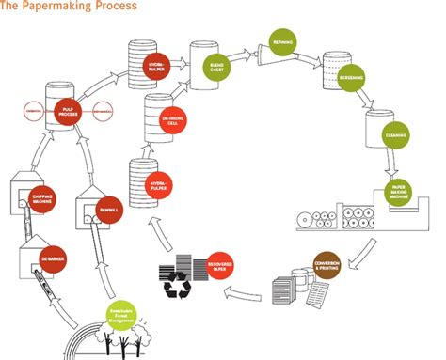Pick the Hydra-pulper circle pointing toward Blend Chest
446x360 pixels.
coord(157,67)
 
